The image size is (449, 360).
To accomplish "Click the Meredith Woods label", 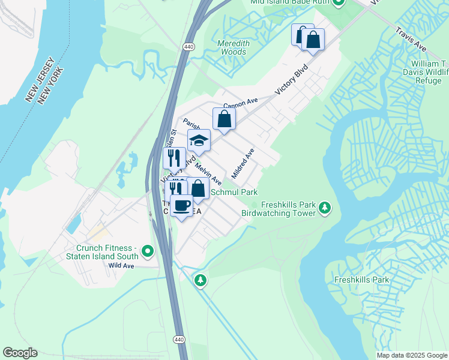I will click(232, 47).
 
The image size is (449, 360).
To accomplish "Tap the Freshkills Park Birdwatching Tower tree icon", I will click(325, 208).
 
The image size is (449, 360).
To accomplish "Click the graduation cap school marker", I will click(199, 141).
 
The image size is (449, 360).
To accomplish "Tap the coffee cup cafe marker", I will click(181, 206).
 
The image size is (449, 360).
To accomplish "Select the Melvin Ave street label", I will click(208, 173).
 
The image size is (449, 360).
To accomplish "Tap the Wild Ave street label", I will click(122, 265).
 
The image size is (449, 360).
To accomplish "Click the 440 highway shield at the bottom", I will click(179, 340).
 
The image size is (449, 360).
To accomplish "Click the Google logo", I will click(20, 353).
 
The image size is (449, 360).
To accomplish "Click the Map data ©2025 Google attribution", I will click(412, 355).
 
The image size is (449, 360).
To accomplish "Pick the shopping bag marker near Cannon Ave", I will click(224, 119).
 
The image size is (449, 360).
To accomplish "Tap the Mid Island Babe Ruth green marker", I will click(338, 2).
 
